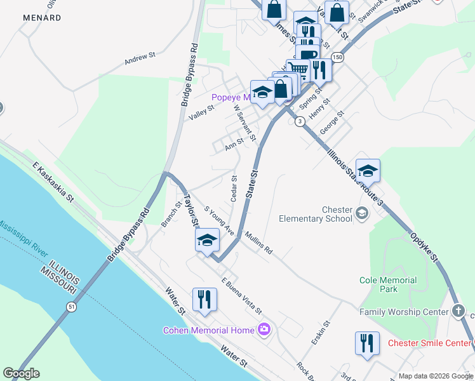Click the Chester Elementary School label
point(316,214)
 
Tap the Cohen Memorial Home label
point(209,330)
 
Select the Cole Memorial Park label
point(388,284)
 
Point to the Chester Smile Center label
point(430,344)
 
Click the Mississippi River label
point(25,236)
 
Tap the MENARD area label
point(42,18)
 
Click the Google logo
point(21,373)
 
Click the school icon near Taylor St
point(207,240)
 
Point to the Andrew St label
point(140,58)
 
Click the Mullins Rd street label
point(258,243)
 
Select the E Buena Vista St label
point(241,296)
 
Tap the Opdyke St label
point(425,246)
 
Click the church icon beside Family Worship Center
point(459,311)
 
